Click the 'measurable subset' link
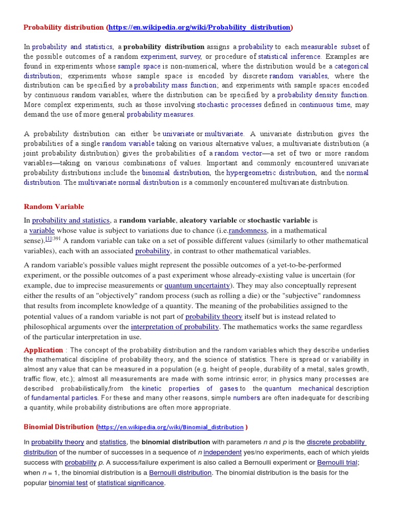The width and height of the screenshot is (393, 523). (x=331, y=46)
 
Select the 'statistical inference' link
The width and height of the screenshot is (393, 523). (x=289, y=56)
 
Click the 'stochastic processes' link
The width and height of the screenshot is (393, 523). (x=229, y=105)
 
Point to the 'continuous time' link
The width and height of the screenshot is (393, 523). (x=325, y=105)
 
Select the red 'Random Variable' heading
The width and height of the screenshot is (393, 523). (x=54, y=207)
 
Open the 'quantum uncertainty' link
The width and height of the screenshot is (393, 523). (x=196, y=286)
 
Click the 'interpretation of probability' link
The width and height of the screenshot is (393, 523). (x=174, y=326)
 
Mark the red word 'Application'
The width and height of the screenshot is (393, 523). (x=43, y=350)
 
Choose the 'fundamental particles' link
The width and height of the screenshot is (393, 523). (x=64, y=398)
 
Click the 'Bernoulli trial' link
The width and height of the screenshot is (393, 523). (x=338, y=463)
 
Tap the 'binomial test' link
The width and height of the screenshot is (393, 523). (x=68, y=483)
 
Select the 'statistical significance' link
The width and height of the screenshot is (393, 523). (x=131, y=483)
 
